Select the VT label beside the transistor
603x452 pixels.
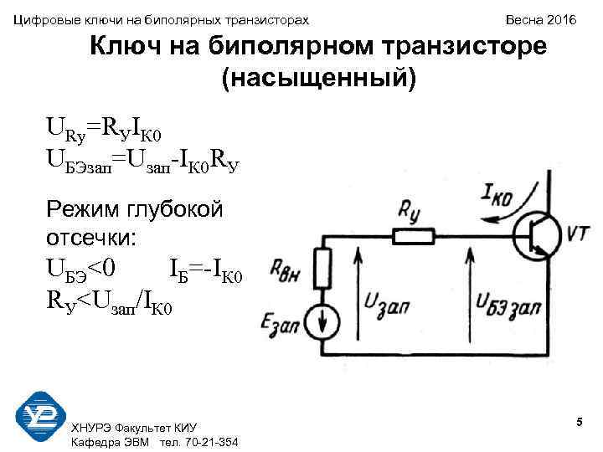[x=578, y=236]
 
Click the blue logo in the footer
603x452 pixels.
[x=41, y=416]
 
